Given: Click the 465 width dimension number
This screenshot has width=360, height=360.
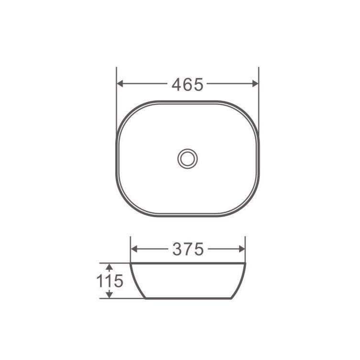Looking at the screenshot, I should pyautogui.click(x=187, y=84).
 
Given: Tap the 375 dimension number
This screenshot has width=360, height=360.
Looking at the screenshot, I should pyautogui.click(x=187, y=249).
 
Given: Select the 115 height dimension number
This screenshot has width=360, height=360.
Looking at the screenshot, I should pyautogui.click(x=110, y=281).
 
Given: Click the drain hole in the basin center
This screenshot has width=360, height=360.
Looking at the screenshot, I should pyautogui.click(x=187, y=158).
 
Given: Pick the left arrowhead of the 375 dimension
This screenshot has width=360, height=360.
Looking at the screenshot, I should pyautogui.click(x=134, y=249).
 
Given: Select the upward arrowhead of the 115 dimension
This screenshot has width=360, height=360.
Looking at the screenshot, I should pyautogui.click(x=109, y=266).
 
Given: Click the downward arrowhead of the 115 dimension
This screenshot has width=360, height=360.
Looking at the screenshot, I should pyautogui.click(x=109, y=295).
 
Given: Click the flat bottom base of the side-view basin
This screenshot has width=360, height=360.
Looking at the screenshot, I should pyautogui.click(x=188, y=298).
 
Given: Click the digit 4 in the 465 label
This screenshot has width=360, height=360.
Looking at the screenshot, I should pyautogui.click(x=177, y=84).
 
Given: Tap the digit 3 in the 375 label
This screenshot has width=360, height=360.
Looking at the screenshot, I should pyautogui.click(x=177, y=249).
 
